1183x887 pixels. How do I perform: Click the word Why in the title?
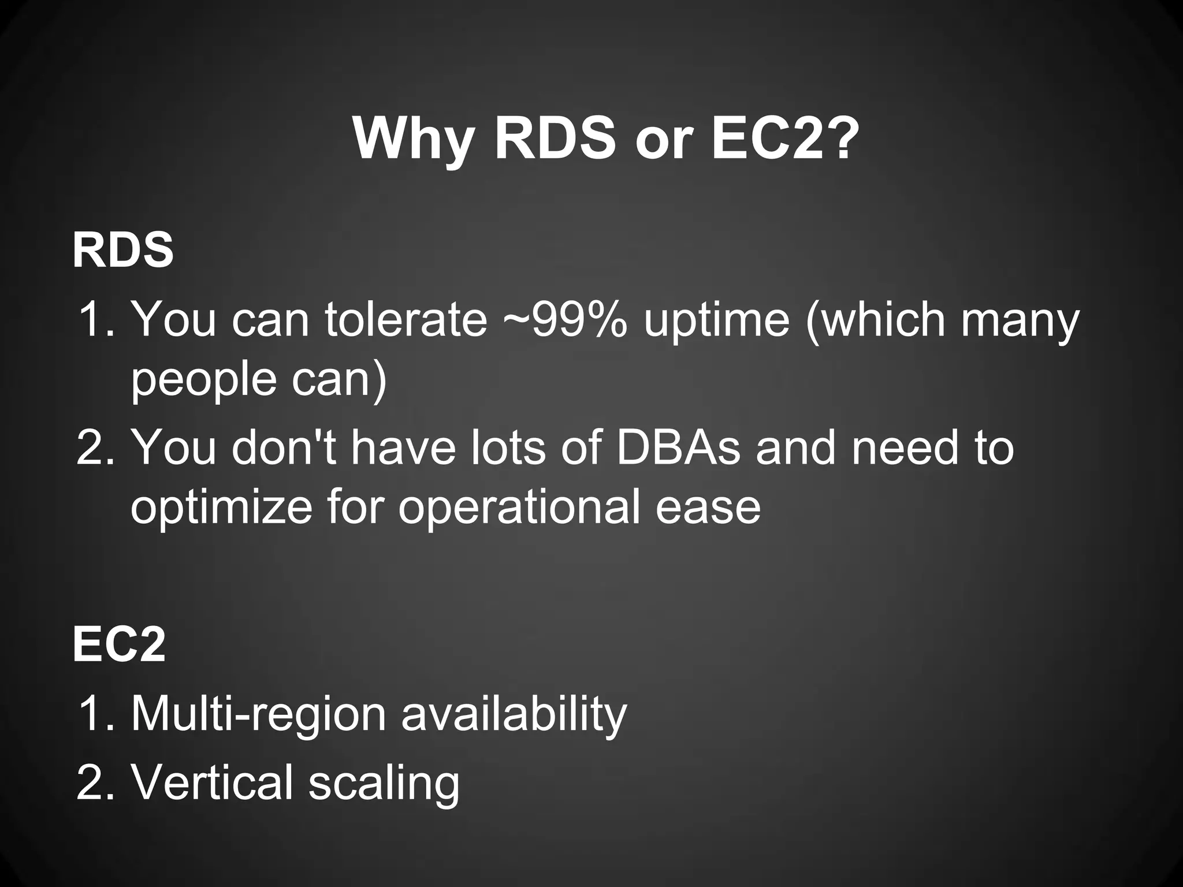(414, 140)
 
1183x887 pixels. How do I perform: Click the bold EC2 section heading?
(119, 645)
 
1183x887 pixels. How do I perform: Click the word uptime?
(716, 320)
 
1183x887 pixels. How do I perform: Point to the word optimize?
(222, 507)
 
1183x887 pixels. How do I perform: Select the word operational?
(519, 507)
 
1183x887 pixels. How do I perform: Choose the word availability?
(514, 715)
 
